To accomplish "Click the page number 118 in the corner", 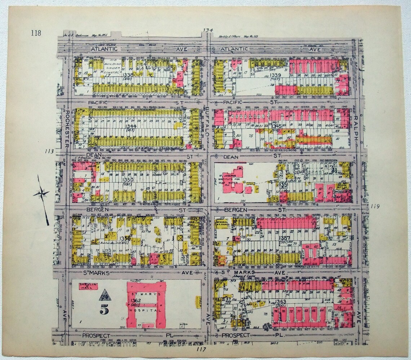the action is (x=36, y=34).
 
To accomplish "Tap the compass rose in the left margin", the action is (x=41, y=194).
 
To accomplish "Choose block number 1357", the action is (x=284, y=238).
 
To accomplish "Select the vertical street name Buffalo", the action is (x=208, y=123).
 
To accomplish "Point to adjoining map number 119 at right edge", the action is (x=375, y=206).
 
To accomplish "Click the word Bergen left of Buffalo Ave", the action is (x=95, y=210).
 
